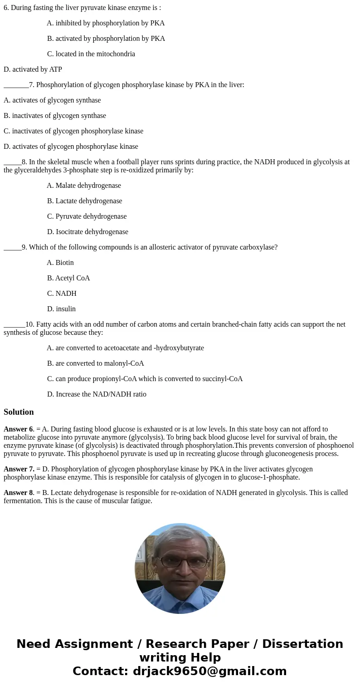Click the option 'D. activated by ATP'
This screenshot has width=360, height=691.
click(x=33, y=69)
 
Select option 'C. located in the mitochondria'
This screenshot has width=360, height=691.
click(x=91, y=54)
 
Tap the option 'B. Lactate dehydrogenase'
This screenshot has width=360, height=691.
click(x=84, y=201)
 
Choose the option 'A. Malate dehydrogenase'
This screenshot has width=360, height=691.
click(x=84, y=186)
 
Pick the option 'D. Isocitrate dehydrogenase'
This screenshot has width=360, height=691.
click(x=88, y=232)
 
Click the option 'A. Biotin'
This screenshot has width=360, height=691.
click(x=60, y=263)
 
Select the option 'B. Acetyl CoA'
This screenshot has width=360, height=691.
click(x=68, y=278)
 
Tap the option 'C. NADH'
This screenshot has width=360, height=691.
click(x=62, y=294)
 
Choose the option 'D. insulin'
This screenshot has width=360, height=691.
click(x=61, y=309)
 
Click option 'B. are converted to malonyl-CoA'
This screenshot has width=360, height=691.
click(x=95, y=363)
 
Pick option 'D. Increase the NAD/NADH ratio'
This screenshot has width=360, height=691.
click(x=97, y=394)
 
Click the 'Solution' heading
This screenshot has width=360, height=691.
click(x=19, y=412)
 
